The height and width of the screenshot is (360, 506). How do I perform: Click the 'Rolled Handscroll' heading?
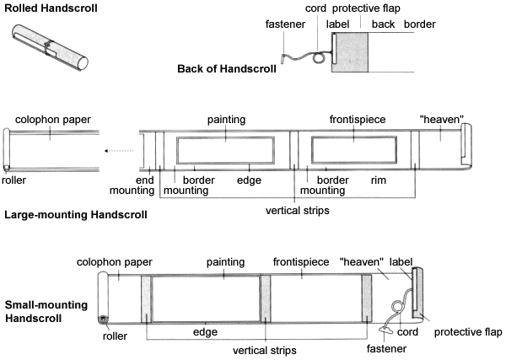(x=51, y=8)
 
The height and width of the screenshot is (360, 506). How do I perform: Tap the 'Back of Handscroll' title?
(x=227, y=68)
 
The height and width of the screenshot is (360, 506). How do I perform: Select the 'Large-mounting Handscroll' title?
(x=76, y=214)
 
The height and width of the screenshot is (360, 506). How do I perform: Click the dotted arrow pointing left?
(x=119, y=151)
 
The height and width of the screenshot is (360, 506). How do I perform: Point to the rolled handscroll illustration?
(x=50, y=46)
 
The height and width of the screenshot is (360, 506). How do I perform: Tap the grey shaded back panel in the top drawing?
(x=350, y=52)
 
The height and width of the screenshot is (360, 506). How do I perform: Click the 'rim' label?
(x=378, y=180)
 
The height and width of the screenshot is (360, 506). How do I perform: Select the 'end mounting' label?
(x=132, y=185)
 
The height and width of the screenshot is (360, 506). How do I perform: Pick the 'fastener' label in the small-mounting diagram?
(x=386, y=348)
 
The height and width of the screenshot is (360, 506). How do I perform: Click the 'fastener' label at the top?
(x=285, y=24)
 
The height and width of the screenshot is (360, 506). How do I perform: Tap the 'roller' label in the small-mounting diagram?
(x=115, y=336)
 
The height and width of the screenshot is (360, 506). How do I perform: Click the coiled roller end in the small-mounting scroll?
(x=103, y=320)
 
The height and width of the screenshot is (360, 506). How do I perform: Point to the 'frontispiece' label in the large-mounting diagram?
(x=358, y=120)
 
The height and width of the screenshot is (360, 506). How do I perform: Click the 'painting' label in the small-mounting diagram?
(x=225, y=262)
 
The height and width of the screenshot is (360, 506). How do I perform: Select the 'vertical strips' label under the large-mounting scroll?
(x=298, y=210)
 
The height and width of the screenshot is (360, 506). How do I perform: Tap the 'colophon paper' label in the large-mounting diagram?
(x=53, y=120)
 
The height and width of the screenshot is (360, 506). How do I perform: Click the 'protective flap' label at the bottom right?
(x=468, y=332)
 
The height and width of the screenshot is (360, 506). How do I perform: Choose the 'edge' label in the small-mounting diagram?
(x=205, y=332)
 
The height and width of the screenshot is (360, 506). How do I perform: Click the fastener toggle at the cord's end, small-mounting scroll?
(x=385, y=330)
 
